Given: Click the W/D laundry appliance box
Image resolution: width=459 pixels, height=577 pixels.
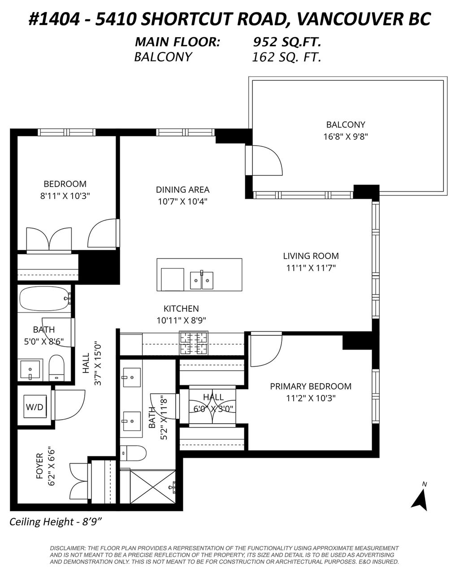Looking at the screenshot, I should click(35, 407).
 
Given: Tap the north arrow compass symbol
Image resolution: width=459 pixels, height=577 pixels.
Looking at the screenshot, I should click(420, 498).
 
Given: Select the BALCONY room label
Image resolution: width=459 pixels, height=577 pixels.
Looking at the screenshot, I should click(345, 125).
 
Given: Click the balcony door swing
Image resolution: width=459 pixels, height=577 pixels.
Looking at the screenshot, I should click(267, 161).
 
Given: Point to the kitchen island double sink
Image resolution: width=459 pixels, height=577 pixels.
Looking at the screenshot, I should click(201, 280).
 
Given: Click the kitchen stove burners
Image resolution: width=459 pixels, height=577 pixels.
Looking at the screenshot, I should click(194, 343).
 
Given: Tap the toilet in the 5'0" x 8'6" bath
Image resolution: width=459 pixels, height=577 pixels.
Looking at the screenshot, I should click(57, 367).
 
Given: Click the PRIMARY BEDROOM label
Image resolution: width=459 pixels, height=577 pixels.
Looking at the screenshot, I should click(310, 386).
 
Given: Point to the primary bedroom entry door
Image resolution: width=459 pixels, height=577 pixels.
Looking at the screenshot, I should click(265, 350).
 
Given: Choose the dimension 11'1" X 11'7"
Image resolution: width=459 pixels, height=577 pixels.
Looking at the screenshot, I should click(311, 268).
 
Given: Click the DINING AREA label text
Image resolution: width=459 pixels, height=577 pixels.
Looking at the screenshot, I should click(182, 190).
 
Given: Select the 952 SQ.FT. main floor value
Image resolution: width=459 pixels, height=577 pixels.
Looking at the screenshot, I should click(287, 42).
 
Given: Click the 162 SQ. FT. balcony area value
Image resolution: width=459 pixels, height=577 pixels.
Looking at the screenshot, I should click(286, 57).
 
